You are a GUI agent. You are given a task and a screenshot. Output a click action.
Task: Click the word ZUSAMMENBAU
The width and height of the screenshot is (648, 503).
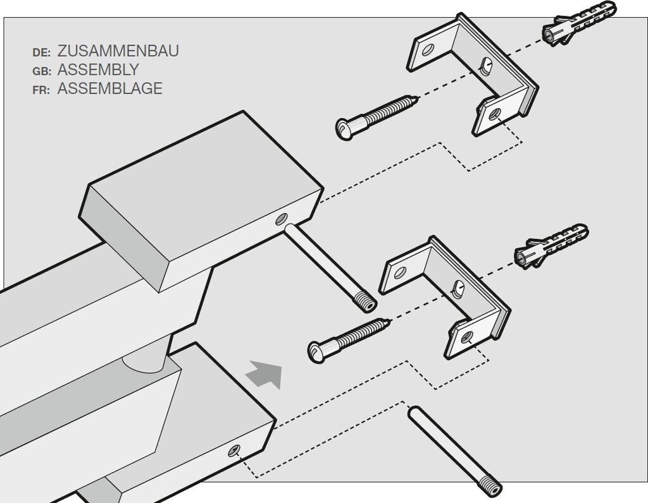tap(118, 51)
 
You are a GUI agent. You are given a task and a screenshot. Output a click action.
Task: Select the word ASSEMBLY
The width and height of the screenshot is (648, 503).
tap(98, 70)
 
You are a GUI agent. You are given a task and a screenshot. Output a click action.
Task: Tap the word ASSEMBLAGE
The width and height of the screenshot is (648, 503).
tap(109, 88)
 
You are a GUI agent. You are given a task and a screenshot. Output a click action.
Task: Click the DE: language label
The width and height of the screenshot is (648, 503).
tap(41, 52)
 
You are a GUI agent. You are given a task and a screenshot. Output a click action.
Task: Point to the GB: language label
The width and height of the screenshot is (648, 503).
tap(42, 71)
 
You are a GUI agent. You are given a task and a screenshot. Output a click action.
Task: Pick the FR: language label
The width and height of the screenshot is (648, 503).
tap(41, 90)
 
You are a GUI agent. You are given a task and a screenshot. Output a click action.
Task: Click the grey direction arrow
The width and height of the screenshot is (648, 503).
tap(265, 374)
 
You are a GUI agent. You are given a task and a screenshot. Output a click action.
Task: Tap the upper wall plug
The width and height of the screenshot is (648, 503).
tap(578, 24)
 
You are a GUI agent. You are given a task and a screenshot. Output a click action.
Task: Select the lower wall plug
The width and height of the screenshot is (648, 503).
tap(551, 246)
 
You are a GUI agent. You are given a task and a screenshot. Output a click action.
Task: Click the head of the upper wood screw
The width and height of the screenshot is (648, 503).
tap(345, 129)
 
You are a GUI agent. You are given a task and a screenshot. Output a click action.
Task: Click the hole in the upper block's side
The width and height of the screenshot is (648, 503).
tap(282, 219)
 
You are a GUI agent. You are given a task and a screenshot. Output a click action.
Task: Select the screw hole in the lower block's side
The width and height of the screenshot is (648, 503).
tap(234, 451)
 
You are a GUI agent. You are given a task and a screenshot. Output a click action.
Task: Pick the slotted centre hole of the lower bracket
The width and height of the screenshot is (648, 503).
tap(458, 289)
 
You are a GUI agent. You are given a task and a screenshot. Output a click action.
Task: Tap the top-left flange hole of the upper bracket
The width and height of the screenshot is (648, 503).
tap(428, 51)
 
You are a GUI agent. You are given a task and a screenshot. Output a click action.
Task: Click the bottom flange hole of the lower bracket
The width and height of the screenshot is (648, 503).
tap(467, 337)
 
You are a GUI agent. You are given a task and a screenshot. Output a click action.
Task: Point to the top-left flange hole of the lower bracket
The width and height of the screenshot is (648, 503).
tap(400, 272)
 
